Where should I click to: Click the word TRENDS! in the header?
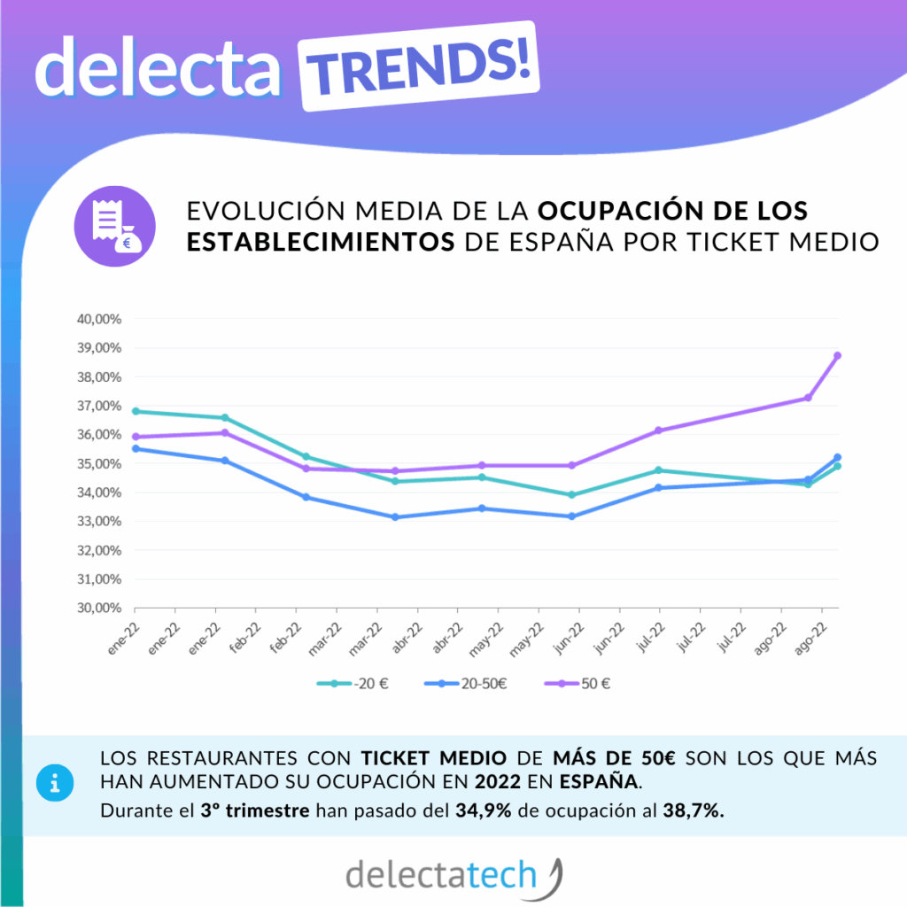(x=420, y=66)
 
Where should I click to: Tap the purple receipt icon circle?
(x=114, y=226)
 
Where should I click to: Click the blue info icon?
(x=56, y=783)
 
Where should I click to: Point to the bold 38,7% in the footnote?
(x=694, y=810)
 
